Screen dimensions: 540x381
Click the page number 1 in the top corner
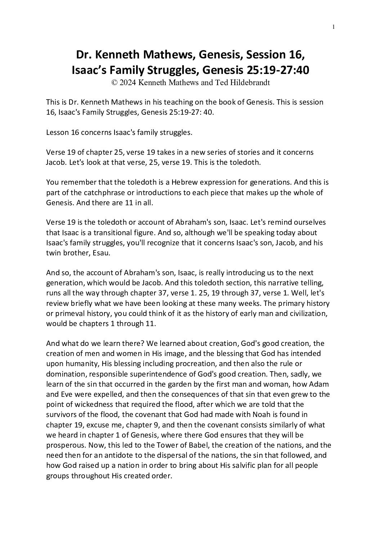coord(334,26)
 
